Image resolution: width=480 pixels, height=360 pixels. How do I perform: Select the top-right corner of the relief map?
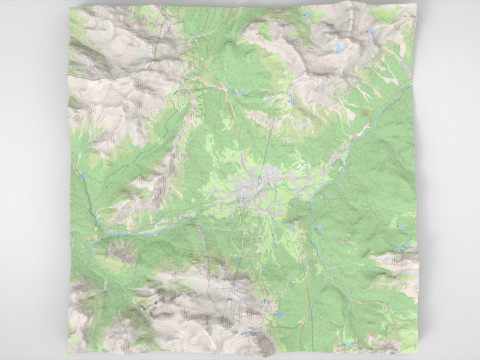(x=414, y=5)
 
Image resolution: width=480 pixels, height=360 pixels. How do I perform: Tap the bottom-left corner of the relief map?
(x=66, y=353)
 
